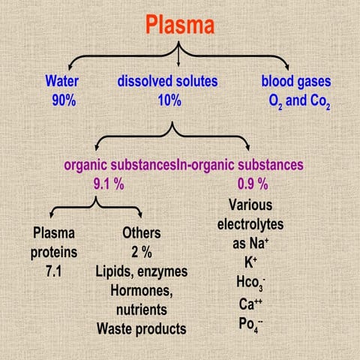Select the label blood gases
click(296, 81)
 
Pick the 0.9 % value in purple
click(253, 182)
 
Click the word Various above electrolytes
click(253, 204)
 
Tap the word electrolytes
click(253, 223)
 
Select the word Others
click(141, 232)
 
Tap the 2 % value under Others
click(141, 251)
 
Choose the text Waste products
click(141, 328)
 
